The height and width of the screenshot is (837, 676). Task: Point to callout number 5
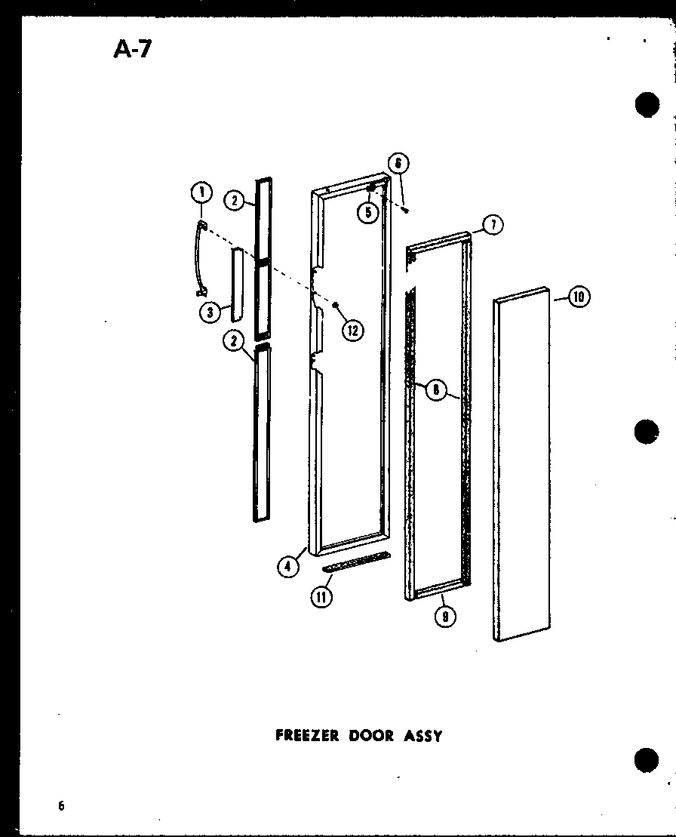[367, 213]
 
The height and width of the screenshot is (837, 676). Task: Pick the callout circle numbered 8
[435, 389]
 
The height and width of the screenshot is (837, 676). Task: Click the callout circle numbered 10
[579, 297]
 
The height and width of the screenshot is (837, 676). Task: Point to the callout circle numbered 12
[352, 330]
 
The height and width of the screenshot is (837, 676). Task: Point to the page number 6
[60, 805]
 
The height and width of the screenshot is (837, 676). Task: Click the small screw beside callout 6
[406, 210]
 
